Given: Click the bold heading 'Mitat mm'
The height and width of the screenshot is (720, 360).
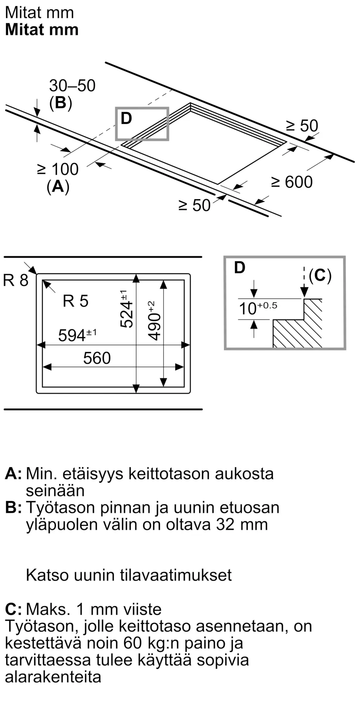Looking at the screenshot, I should point(42,30).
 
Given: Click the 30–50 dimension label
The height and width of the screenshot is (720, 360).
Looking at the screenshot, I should point(72,86).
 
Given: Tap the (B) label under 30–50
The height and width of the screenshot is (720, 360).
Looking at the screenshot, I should point(60,103).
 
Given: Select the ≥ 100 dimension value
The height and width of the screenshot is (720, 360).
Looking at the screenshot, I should point(58,169).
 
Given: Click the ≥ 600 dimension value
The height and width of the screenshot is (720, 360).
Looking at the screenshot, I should point(292,182).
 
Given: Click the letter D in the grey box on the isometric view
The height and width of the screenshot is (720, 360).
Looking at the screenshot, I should point(126,118).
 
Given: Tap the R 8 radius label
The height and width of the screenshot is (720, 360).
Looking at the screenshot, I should point(15,280).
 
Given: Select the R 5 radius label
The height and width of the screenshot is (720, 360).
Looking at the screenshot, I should point(75,301).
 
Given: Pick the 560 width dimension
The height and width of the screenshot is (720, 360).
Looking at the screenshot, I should point(97,358).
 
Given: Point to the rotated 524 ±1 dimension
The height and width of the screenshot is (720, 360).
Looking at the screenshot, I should point(126,309).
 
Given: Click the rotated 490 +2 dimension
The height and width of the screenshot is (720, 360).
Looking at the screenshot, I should point(154,320).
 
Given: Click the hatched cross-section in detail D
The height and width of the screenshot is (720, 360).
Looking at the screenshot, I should point(299,331).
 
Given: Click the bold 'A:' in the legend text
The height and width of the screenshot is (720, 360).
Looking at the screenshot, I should point(13,474).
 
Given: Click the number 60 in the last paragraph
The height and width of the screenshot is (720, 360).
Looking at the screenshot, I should point(133,643).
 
